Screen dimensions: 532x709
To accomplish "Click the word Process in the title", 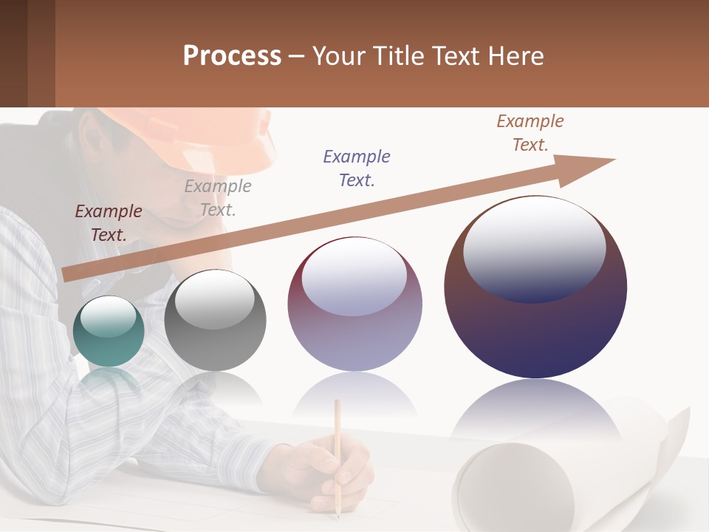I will pyautogui.click(x=232, y=56).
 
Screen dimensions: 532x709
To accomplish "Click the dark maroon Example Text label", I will pyautogui.click(x=109, y=222).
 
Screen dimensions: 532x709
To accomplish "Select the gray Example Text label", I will pyautogui.click(x=218, y=197).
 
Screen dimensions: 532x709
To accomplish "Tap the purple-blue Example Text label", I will pyautogui.click(x=357, y=168).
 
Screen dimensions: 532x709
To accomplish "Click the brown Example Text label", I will pyautogui.click(x=530, y=133).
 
